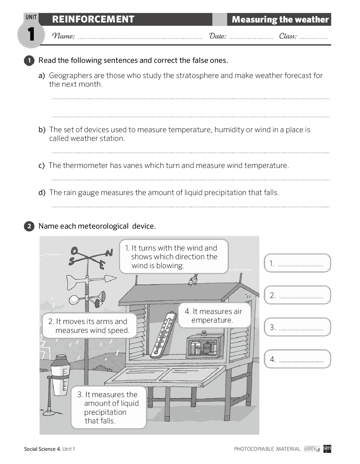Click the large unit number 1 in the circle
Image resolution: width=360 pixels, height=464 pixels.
[x=31, y=35]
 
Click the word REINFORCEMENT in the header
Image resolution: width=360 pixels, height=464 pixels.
[x=93, y=19]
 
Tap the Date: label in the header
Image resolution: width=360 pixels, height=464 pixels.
[x=217, y=36]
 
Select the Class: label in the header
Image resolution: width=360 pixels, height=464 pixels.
[x=288, y=36]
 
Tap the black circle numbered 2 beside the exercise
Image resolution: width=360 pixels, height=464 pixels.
[x=29, y=226]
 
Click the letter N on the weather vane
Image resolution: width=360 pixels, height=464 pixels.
[x=109, y=253]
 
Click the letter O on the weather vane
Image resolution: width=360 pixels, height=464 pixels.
[x=74, y=250]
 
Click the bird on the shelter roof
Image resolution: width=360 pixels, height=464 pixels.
[x=193, y=280]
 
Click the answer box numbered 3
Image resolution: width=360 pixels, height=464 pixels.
[x=297, y=327]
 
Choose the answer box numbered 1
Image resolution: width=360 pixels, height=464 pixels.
[x=297, y=263]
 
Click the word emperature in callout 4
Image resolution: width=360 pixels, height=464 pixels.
[x=212, y=320]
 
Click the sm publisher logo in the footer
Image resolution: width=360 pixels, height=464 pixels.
[x=327, y=448]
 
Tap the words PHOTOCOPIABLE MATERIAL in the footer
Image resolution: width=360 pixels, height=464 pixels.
[x=267, y=449]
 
